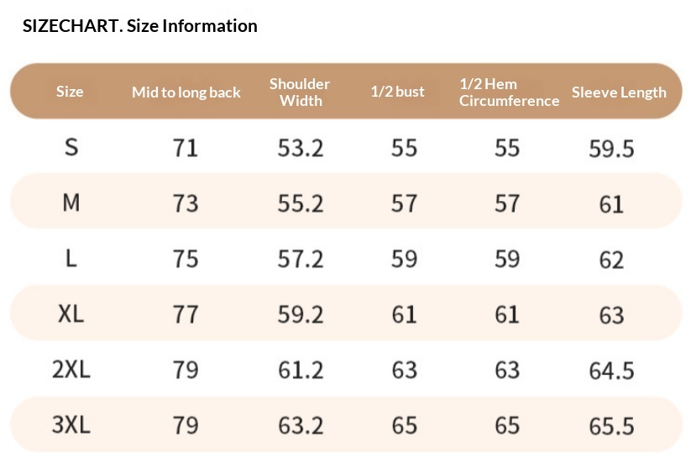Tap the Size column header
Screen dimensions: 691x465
coord(70,92)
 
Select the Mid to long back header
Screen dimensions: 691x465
coord(186,92)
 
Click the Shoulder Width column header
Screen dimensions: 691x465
coord(300,92)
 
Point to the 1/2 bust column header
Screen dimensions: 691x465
coord(397,92)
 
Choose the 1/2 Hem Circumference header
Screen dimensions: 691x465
coord(509,92)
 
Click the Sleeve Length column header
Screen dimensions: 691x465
coord(619,92)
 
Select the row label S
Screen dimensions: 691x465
coord(71,147)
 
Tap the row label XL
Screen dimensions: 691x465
coord(71,314)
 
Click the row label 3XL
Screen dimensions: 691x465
coord(71,425)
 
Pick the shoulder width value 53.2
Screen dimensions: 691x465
coord(301,148)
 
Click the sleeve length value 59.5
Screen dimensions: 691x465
coord(612,149)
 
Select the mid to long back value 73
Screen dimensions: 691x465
coord(186,203)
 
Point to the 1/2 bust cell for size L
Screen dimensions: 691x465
coord(404,259)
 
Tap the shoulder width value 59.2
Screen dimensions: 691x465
coord(301,314)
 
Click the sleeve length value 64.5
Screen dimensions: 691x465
coord(612,371)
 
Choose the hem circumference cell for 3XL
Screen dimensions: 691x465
coord(507,425)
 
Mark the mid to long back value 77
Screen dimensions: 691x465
coord(186,314)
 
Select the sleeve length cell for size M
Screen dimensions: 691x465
coord(612,204)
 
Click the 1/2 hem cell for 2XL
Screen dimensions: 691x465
coord(507,370)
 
